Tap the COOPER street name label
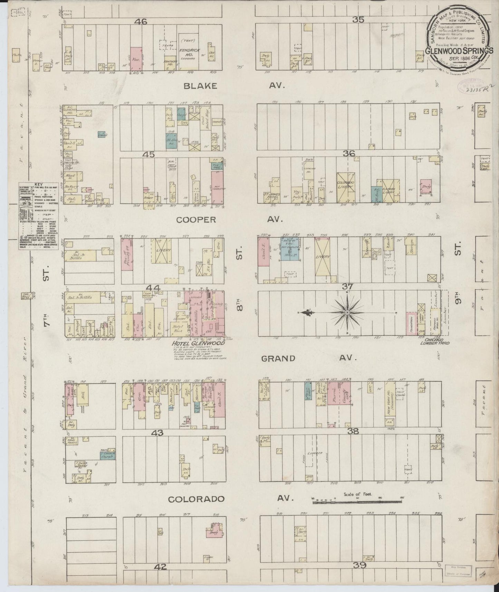tap(196, 220)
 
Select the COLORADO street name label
tap(196, 499)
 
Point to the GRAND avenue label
tap(278, 358)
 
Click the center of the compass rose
tap(346, 312)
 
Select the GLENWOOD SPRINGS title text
tap(459, 50)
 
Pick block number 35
tap(358, 20)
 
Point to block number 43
tap(160, 432)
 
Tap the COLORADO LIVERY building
tap(346, 187)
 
